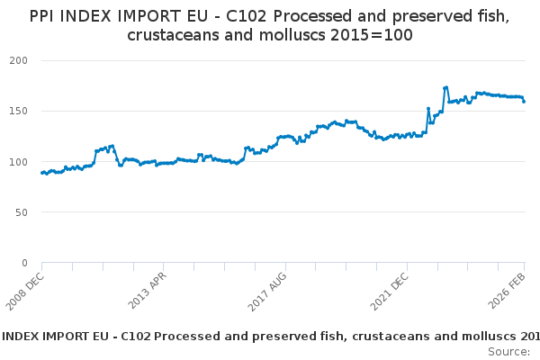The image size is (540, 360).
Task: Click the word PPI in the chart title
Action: click(x=43, y=16)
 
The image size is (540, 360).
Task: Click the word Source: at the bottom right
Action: click(x=508, y=351)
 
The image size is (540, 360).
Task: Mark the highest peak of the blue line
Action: click(x=446, y=87)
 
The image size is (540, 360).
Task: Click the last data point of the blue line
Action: click(x=524, y=101)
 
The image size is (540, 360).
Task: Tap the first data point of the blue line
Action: click(x=42, y=173)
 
